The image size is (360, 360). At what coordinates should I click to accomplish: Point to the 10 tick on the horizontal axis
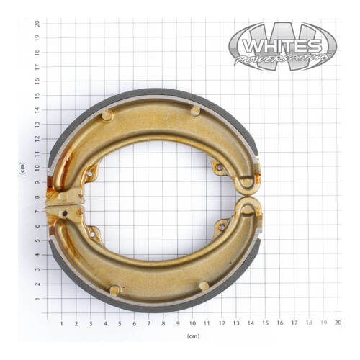click(192, 324)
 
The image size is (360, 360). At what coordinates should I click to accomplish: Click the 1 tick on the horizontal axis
click(62, 324)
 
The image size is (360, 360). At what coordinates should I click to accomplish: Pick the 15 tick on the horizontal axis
click(265, 324)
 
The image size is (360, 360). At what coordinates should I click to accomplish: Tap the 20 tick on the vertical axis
click(37, 23)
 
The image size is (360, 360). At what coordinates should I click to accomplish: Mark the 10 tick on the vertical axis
click(37, 168)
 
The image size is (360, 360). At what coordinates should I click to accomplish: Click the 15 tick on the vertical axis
click(37, 96)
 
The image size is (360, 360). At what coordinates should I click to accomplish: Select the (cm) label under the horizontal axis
click(192, 337)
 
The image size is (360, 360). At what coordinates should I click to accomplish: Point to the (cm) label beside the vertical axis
click(22, 168)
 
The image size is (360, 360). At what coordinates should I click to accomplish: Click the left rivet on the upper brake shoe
click(107, 115)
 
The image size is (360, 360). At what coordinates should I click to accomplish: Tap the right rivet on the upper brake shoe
click(195, 111)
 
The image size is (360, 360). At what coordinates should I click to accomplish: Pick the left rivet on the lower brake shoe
click(114, 290)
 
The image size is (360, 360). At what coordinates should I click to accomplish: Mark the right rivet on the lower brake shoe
click(204, 286)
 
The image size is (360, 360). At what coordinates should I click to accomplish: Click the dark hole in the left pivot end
click(65, 213)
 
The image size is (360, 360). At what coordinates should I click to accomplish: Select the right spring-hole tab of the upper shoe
click(220, 170)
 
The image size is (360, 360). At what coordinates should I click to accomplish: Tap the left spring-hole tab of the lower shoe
click(92, 233)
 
